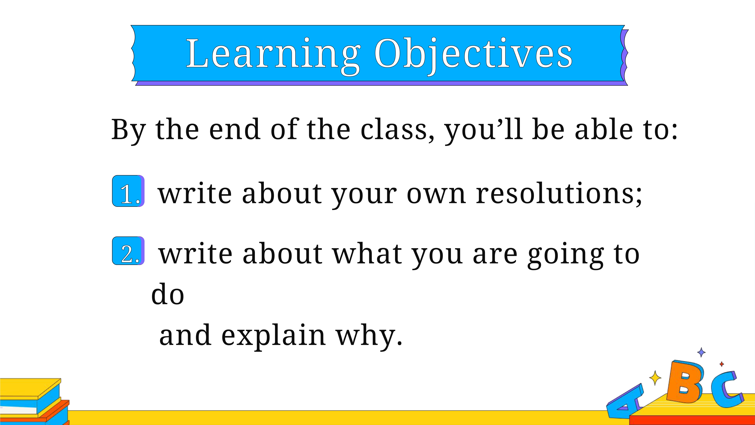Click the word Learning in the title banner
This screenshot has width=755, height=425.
(273, 56)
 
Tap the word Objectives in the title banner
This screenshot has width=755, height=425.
(473, 56)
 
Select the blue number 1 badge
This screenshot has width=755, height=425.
(128, 191)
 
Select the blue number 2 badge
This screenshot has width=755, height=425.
(128, 251)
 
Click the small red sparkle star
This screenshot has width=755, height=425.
(722, 364)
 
